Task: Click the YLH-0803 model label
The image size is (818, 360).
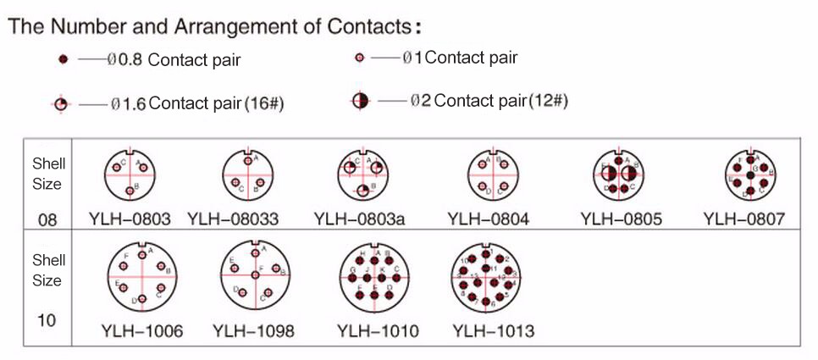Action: tap(130, 220)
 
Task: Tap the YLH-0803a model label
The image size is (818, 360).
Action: tap(359, 220)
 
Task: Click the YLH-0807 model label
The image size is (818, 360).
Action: tap(743, 220)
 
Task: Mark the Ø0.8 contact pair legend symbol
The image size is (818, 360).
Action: tap(64, 61)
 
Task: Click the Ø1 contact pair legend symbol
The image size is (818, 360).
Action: tap(359, 58)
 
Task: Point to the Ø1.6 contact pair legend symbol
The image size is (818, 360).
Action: tap(60, 104)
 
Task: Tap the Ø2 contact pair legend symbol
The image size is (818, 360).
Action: tap(360, 101)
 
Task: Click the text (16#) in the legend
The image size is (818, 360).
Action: tap(263, 104)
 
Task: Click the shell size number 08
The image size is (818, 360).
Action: tap(47, 220)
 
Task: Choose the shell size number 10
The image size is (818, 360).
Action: tap(47, 321)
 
